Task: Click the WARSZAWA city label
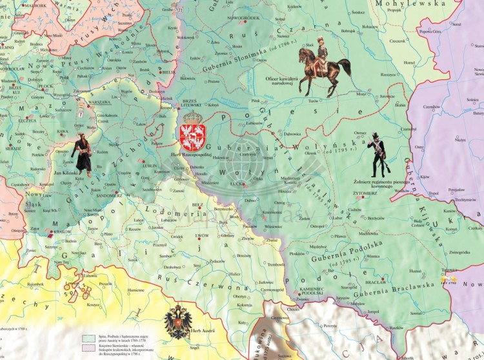[99, 102]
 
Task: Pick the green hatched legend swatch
[88, 337]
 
